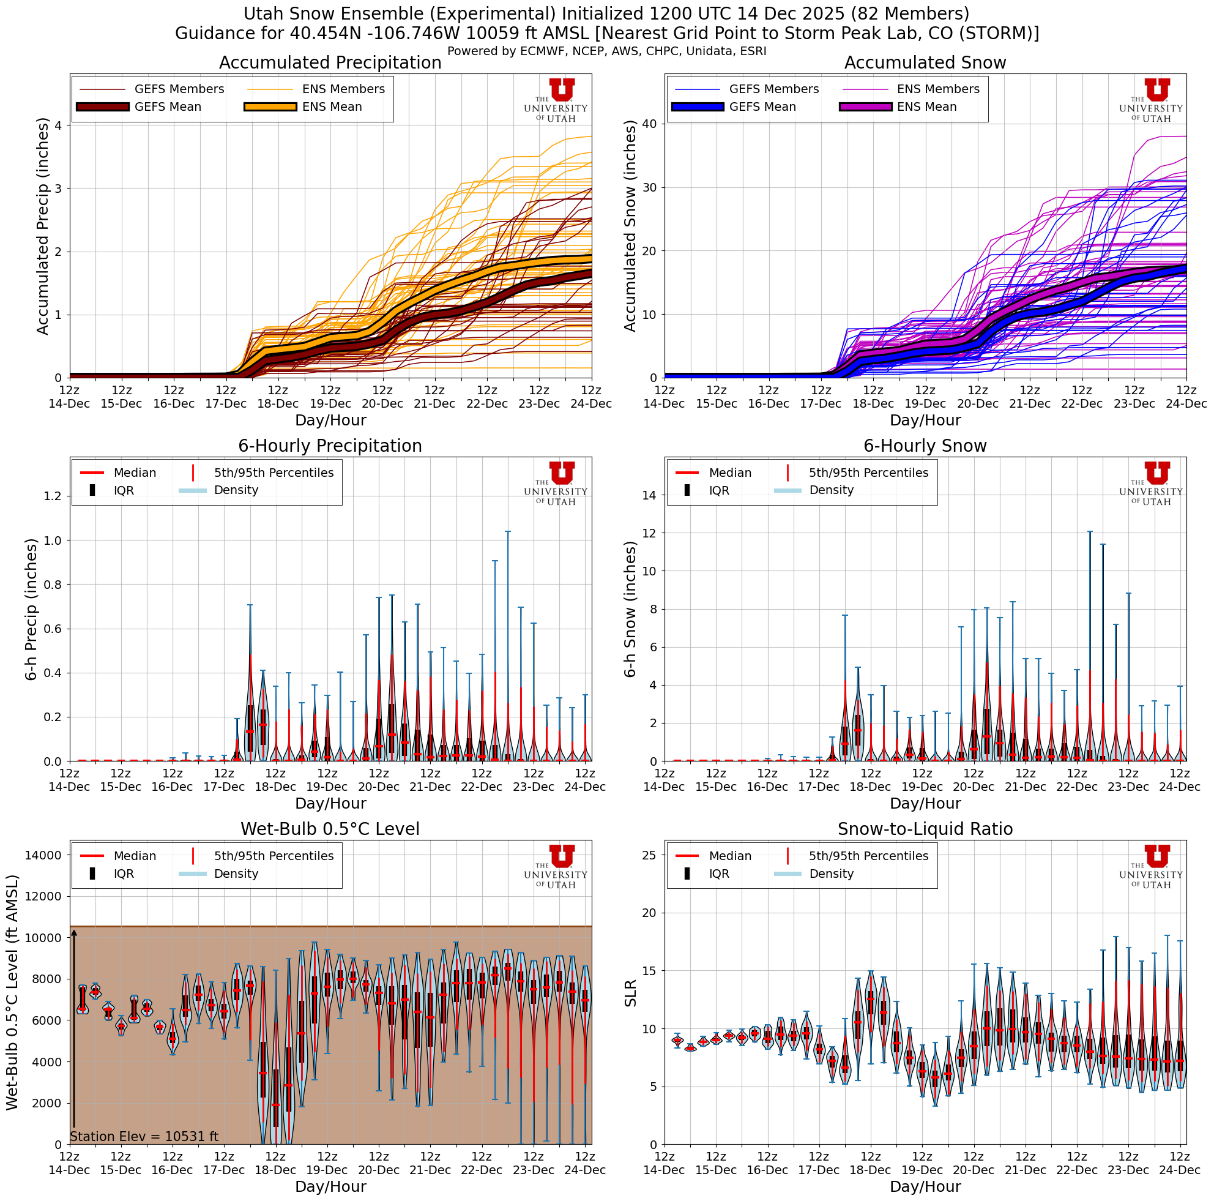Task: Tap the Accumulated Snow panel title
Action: click(925, 63)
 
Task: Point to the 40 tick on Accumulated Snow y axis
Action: click(649, 124)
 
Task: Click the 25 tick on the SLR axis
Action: click(649, 855)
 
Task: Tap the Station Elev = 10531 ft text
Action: click(144, 1136)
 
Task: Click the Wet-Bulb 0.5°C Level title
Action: click(330, 829)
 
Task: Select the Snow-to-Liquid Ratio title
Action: click(925, 829)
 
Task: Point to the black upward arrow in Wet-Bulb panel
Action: click(73, 1031)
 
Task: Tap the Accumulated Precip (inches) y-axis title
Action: click(42, 226)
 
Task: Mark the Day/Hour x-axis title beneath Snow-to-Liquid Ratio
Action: click(925, 1186)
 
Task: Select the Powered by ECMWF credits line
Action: click(606, 51)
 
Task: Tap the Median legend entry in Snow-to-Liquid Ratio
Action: click(729, 856)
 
